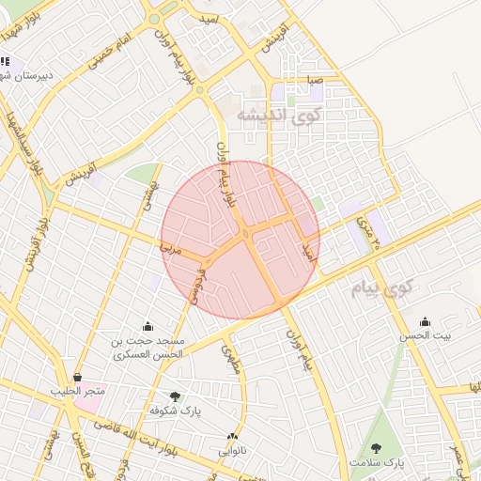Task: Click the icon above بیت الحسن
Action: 425,321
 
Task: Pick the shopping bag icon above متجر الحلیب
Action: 76,377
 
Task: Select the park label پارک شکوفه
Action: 175,411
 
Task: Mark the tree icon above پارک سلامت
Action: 377,448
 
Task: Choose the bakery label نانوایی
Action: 233,449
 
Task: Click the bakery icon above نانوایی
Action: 233,436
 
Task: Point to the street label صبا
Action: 314,81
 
